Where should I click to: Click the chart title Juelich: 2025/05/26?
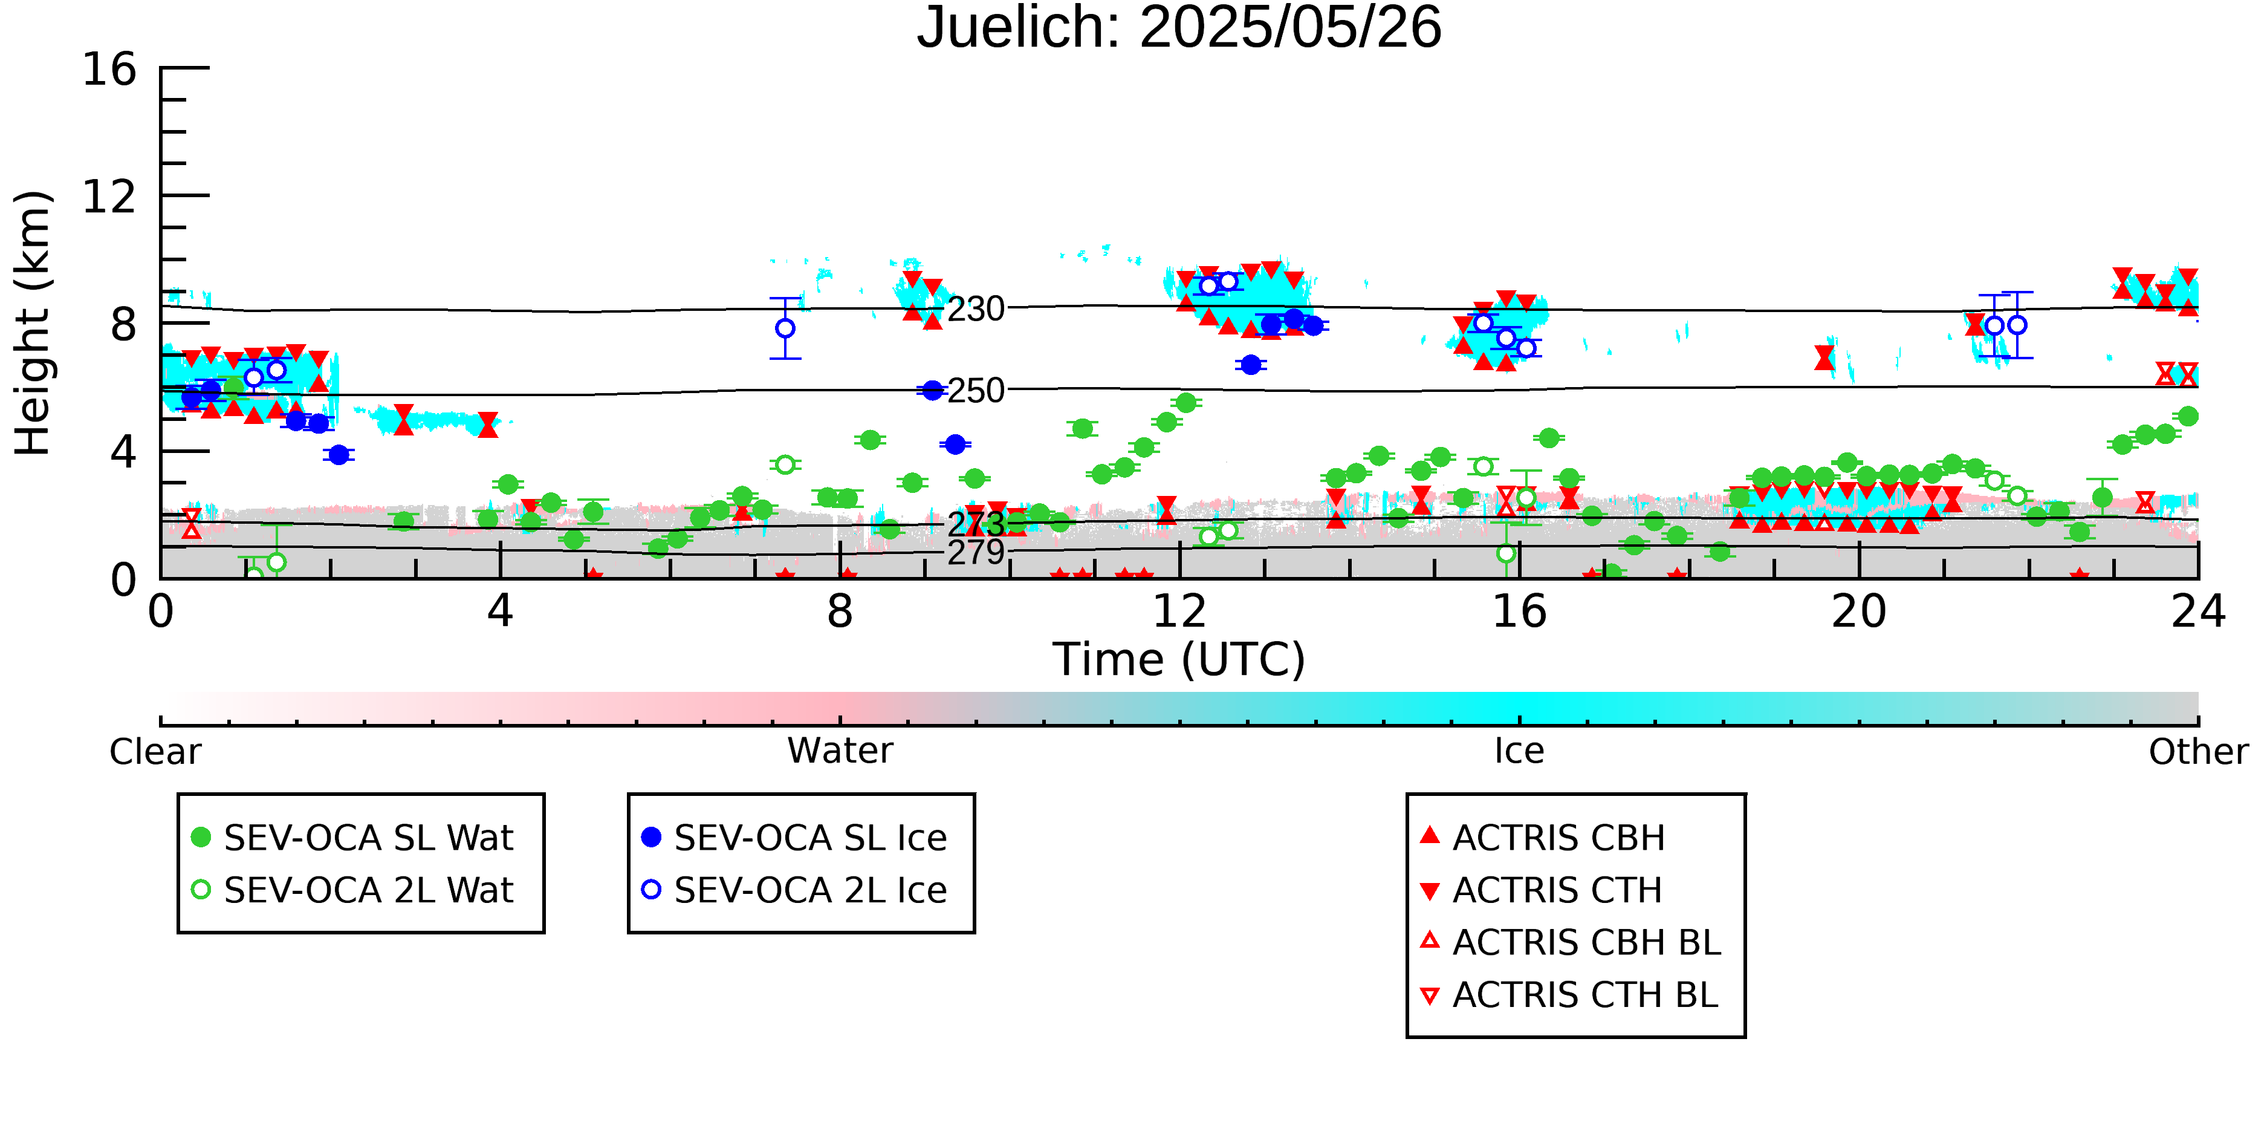[x=1179, y=28]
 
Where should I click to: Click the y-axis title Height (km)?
[x=33, y=323]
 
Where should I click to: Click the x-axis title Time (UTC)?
[x=1179, y=659]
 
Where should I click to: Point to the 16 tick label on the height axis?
[x=109, y=69]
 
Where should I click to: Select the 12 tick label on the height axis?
[x=109, y=197]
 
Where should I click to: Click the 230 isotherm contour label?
[x=976, y=310]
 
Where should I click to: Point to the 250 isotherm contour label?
[x=976, y=391]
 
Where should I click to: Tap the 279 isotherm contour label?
[x=976, y=553]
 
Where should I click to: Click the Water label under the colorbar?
[x=840, y=751]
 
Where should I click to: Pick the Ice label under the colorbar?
[x=1519, y=751]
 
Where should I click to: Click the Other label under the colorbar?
[x=2198, y=752]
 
